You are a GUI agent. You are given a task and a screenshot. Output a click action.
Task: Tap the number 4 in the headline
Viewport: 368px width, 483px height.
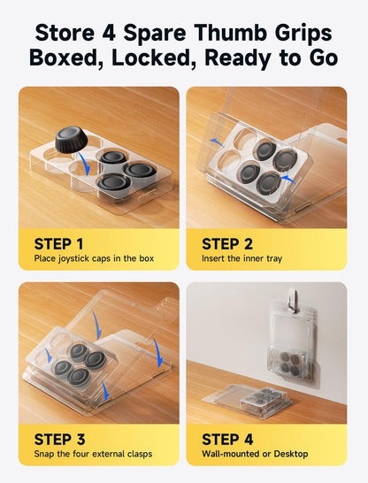[109, 33]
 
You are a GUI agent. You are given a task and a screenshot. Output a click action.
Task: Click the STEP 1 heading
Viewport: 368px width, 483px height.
[58, 244]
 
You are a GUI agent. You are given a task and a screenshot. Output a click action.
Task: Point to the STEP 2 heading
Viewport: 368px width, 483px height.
[227, 244]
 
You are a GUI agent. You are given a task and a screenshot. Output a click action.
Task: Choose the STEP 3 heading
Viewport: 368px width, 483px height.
[60, 440]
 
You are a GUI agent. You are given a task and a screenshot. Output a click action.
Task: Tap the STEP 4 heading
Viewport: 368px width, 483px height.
[227, 440]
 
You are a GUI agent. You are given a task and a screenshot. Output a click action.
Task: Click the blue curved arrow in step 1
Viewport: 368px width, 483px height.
[84, 163]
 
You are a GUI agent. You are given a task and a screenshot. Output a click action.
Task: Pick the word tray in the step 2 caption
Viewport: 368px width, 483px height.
[274, 258]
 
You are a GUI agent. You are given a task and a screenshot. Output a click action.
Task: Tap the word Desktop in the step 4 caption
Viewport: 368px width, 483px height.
[291, 454]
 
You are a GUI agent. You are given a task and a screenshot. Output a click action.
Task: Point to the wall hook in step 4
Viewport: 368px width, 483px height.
[295, 300]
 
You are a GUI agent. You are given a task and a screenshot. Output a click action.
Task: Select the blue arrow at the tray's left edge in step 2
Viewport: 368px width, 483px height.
[217, 142]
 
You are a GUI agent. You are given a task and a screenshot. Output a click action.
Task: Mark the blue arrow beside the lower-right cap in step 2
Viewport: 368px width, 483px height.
[288, 180]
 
